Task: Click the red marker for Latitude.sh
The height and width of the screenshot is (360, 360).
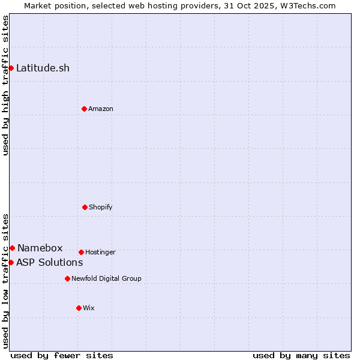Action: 11,68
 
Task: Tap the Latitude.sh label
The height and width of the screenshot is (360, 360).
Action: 43,68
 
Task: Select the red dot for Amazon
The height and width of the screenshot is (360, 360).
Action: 84,109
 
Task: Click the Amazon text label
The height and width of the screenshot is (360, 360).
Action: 100,109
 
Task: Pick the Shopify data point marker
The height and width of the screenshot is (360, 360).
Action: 85,207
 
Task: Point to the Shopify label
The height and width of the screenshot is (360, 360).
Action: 100,207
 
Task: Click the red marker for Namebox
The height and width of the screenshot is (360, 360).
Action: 12,248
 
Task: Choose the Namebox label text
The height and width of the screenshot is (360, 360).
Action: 40,248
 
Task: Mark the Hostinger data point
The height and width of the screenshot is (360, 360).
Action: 81,252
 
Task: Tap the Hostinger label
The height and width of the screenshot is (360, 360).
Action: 100,252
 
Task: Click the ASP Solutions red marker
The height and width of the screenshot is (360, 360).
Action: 11,262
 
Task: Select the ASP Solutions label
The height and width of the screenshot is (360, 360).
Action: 49,262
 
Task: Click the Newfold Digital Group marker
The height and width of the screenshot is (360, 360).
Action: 67,278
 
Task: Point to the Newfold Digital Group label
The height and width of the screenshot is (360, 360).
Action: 106,278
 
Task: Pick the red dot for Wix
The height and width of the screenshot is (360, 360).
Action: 79,308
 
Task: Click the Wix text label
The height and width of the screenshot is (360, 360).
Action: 89,308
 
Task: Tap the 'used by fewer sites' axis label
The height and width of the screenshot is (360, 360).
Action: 62,355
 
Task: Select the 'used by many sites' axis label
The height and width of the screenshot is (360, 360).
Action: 301,355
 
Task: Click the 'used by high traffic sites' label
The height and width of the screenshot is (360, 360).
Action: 5,85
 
